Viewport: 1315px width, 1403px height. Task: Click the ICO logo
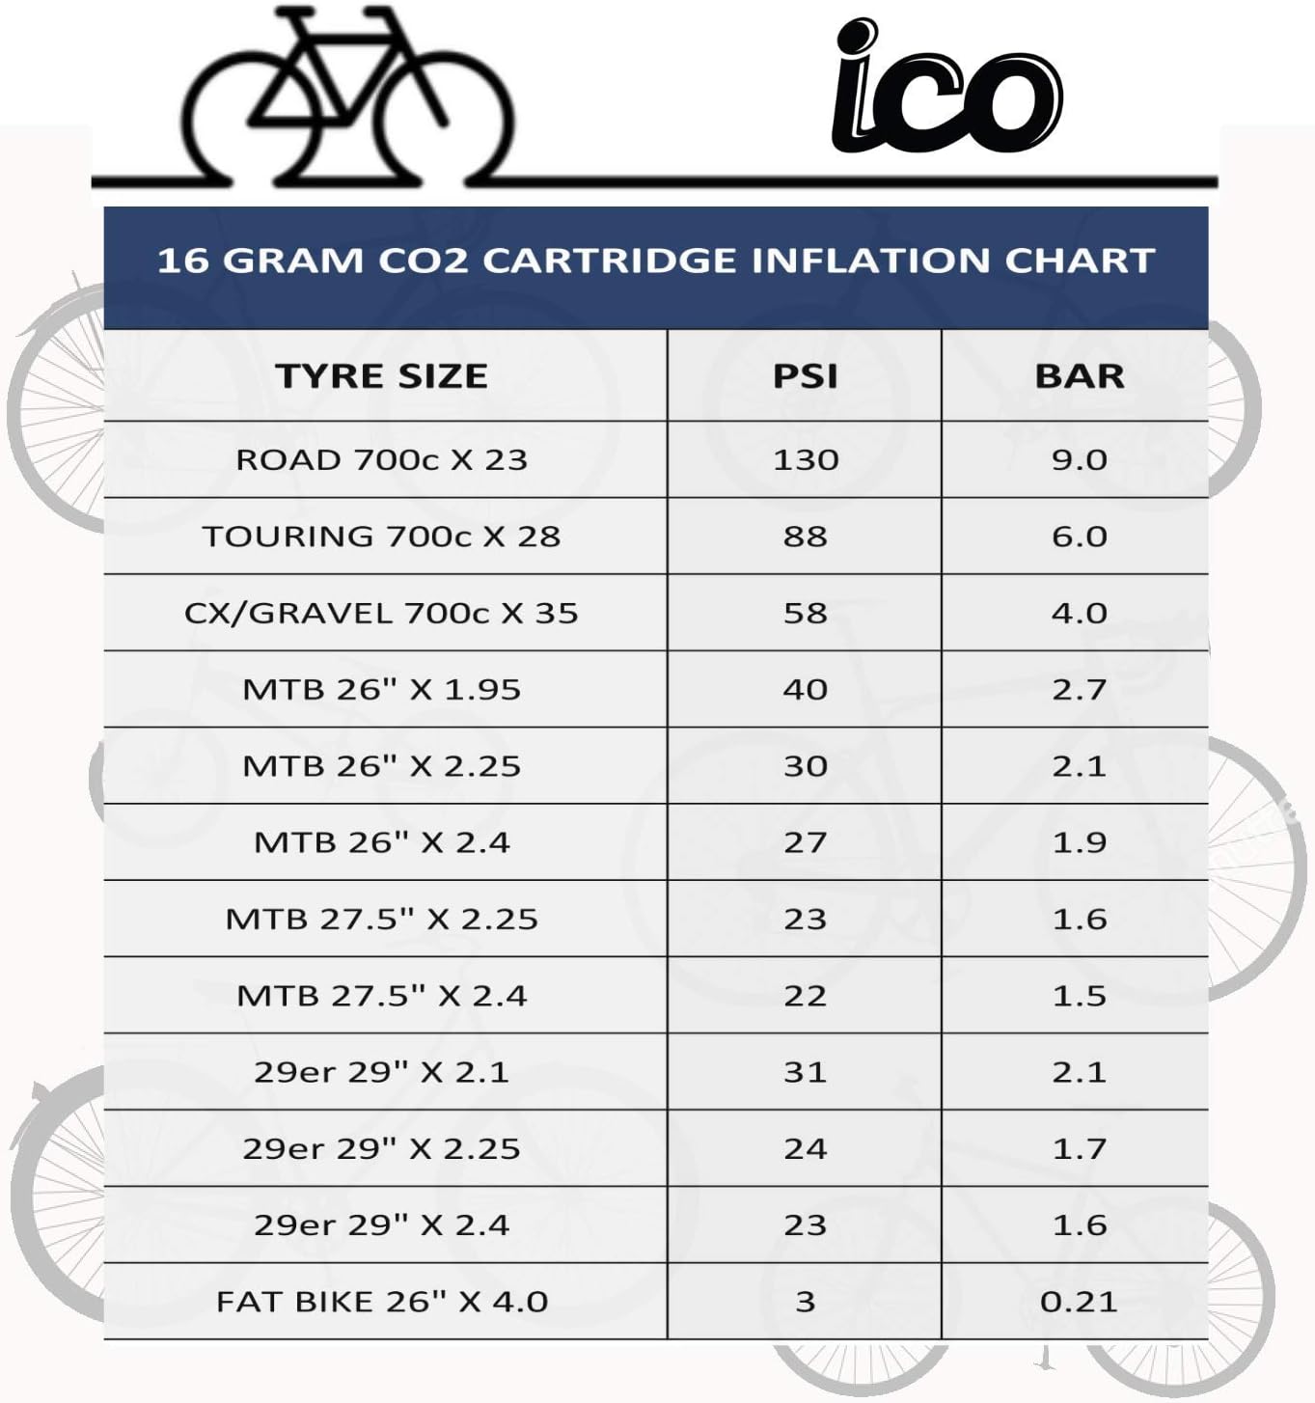tap(946, 85)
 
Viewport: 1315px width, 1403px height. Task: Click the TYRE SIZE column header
tap(381, 375)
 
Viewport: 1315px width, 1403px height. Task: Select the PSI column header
tap(805, 375)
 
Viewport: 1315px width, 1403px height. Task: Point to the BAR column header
tap(1079, 375)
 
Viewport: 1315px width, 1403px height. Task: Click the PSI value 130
tap(806, 460)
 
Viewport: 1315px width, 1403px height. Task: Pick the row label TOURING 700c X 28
tap(381, 536)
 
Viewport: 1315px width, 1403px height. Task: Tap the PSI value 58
tap(805, 613)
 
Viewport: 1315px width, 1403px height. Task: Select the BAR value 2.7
tap(1079, 690)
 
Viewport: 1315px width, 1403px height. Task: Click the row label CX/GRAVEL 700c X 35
tap(381, 613)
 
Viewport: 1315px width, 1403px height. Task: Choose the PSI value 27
tap(805, 842)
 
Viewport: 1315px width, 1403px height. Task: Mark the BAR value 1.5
tap(1079, 996)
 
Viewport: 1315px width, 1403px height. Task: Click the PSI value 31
tap(805, 1072)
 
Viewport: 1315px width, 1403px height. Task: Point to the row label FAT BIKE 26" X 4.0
tap(381, 1302)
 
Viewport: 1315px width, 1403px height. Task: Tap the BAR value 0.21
tap(1079, 1302)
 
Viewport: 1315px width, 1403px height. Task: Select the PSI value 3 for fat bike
tap(806, 1302)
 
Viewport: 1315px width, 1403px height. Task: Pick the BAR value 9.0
tap(1079, 460)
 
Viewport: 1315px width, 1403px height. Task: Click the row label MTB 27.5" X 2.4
tap(381, 996)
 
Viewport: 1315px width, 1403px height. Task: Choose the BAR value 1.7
tap(1079, 1148)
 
